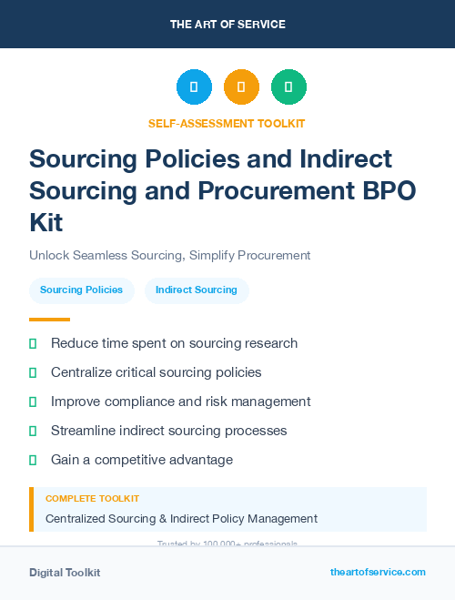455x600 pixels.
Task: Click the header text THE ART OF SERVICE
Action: [x=227, y=25]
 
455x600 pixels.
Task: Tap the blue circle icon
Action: [x=194, y=87]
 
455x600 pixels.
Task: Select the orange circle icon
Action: [x=241, y=87]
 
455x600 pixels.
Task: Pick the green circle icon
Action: [x=288, y=87]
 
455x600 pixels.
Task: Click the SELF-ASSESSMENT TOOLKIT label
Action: [x=227, y=123]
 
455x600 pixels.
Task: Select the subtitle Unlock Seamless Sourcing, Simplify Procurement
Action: [x=170, y=255]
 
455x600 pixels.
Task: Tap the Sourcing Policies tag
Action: [x=81, y=290]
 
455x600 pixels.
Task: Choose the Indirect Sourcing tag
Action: [x=196, y=290]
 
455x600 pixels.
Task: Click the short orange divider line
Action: [x=49, y=320]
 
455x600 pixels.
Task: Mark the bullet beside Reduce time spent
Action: [x=33, y=343]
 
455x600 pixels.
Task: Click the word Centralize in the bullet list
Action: [x=83, y=372]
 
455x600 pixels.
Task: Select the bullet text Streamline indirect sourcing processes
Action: [x=168, y=431]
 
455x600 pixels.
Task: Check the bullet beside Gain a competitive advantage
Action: [x=33, y=460]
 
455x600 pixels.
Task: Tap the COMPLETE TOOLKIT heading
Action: [x=92, y=499]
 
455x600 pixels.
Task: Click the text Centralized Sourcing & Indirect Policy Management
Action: [x=181, y=519]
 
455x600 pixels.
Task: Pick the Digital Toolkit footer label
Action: [x=65, y=573]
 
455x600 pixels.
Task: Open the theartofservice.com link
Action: [x=378, y=572]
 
